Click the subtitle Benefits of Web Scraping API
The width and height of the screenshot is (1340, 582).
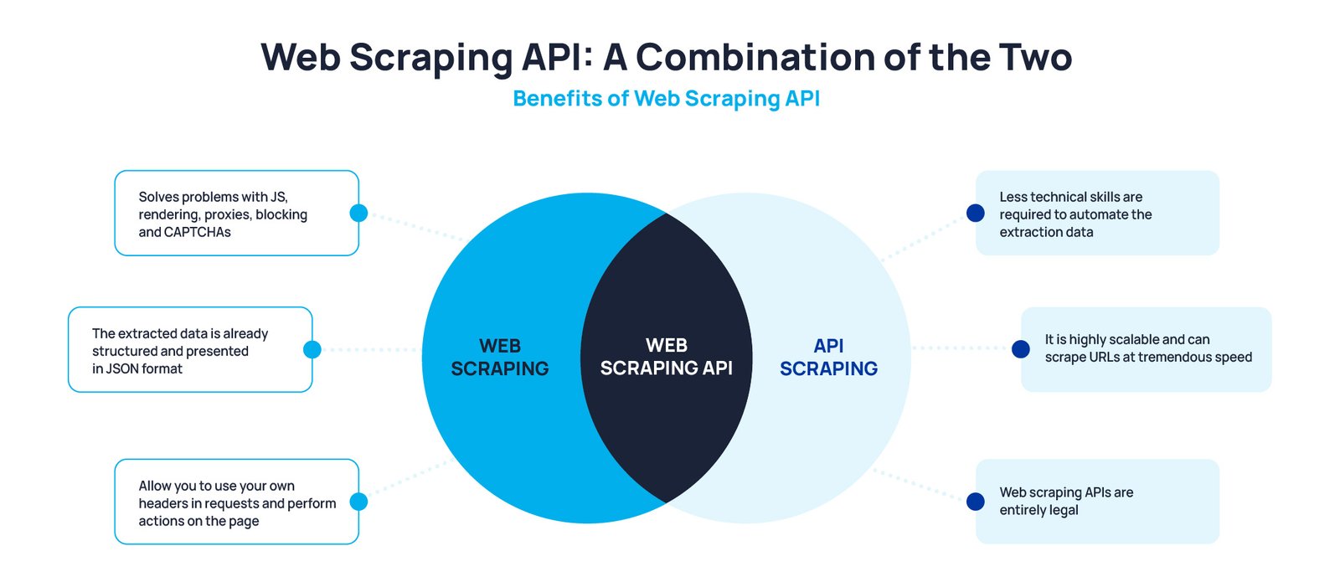point(667,99)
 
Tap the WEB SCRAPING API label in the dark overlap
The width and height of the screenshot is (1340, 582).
point(667,357)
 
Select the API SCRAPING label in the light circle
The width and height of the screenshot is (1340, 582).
point(828,357)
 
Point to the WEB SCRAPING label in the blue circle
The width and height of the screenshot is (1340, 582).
point(499,357)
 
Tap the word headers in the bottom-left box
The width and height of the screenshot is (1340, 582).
point(162,503)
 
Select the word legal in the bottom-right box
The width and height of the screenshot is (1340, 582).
point(1063,510)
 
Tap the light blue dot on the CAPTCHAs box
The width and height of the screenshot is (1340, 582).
point(358,213)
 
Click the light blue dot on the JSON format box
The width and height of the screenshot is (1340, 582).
point(312,349)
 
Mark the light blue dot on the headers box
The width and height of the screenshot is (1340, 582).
point(358,502)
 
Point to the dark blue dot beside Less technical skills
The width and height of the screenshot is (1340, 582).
point(976,213)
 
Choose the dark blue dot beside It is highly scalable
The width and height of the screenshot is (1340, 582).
point(1021,348)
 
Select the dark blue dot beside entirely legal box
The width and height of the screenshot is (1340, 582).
point(976,502)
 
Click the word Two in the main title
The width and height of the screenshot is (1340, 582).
point(1035,58)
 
